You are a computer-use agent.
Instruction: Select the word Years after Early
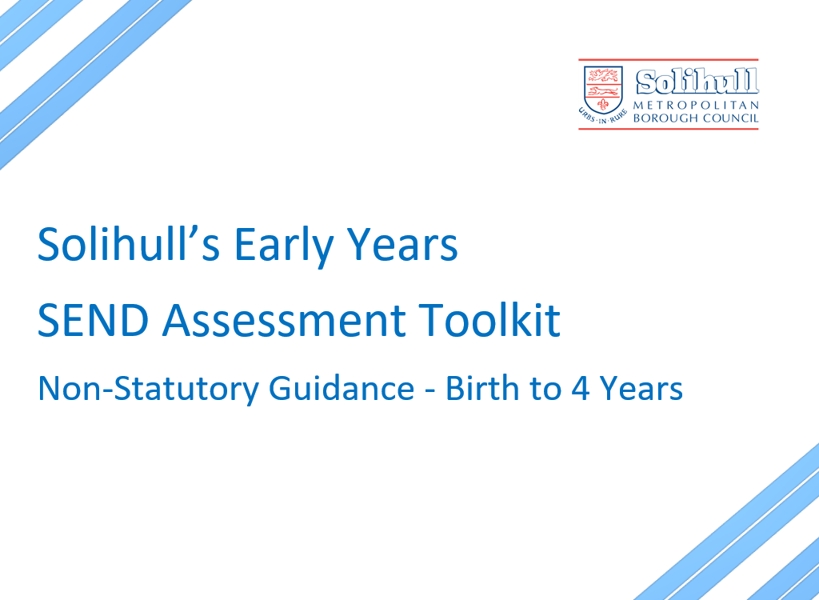(402, 244)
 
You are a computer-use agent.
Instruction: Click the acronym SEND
(93, 320)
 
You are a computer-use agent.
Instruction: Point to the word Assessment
(284, 320)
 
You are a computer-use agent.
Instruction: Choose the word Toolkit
(489, 319)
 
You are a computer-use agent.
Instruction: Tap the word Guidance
(342, 388)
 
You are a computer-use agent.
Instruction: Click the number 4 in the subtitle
(581, 389)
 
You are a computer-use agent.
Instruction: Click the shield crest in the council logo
(603, 90)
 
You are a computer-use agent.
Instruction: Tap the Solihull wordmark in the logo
(697, 82)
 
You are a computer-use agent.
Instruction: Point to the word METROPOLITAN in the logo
(696, 105)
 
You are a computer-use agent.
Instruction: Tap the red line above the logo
(668, 60)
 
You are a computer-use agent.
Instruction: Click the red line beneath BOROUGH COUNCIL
(668, 129)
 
